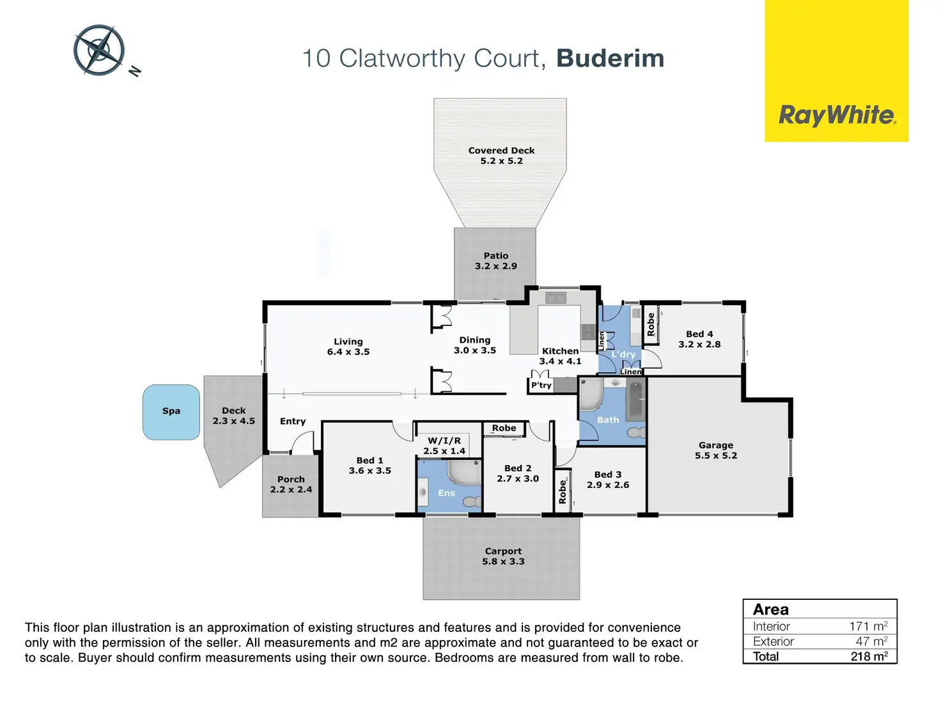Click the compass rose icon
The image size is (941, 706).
[99, 50]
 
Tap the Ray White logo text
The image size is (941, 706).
[836, 115]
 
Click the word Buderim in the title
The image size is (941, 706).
[610, 58]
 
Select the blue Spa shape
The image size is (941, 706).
[171, 412]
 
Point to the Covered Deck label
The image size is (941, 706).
[501, 150]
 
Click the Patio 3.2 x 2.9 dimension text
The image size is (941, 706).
[495, 266]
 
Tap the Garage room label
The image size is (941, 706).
[716, 445]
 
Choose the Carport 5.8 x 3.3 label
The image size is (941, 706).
[503, 556]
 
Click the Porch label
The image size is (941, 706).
[291, 479]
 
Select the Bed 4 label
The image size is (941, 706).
[699, 334]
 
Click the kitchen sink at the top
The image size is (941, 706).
[556, 297]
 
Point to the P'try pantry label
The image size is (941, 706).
[541, 385]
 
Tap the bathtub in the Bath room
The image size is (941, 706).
[635, 401]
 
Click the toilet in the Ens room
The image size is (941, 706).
[472, 501]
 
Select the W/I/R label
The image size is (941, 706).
[444, 441]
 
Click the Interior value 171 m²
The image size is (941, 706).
[868, 626]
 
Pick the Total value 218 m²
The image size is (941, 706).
[869, 656]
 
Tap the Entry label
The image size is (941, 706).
[293, 421]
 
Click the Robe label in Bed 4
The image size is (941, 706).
[651, 324]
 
